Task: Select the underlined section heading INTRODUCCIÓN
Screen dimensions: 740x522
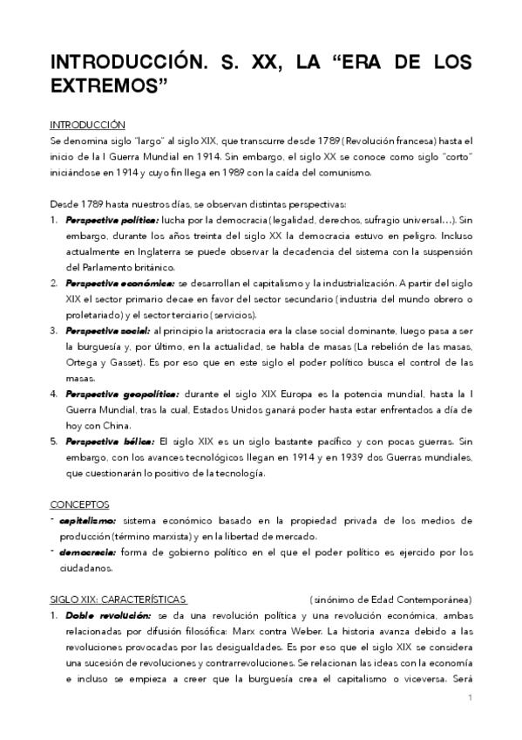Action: (x=87, y=126)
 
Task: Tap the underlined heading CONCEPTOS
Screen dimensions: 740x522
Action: (x=79, y=504)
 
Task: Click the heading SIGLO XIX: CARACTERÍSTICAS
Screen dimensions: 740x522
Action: (x=118, y=600)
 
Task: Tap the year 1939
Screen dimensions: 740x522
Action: (x=332, y=457)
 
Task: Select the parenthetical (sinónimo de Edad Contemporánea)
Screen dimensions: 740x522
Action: (x=390, y=600)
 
